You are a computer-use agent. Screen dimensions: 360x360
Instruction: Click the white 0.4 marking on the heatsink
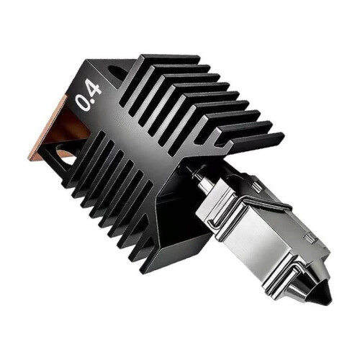[88, 95]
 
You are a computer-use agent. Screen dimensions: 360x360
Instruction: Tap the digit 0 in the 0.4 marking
[82, 103]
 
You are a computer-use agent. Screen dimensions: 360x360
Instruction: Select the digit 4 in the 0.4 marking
[94, 87]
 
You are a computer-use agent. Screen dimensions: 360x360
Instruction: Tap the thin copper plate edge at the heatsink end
[47, 127]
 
